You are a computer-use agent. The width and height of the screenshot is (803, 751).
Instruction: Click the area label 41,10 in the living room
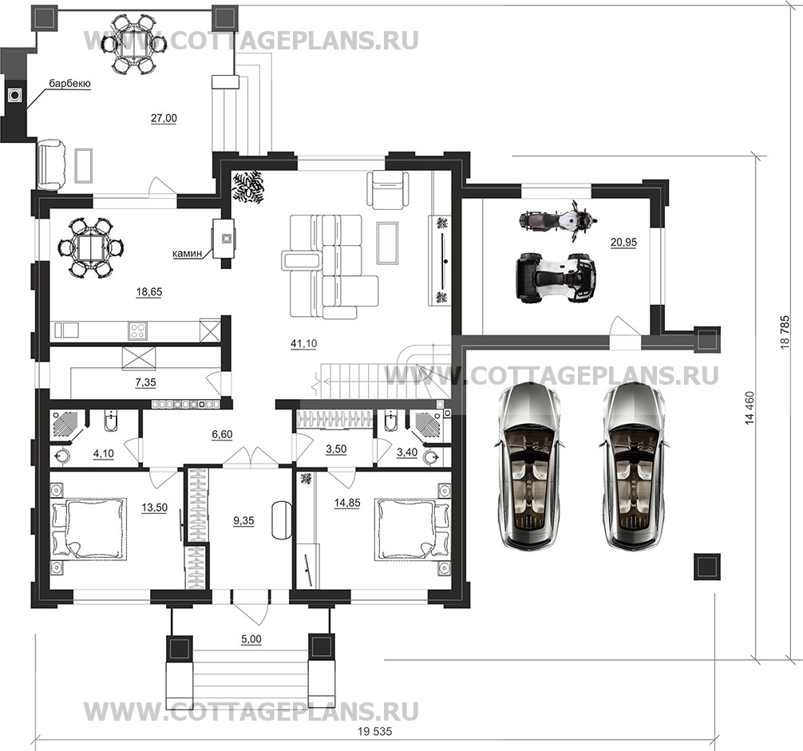303,344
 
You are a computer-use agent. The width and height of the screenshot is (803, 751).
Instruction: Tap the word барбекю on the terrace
70,84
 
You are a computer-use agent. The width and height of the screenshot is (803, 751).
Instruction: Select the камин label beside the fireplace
188,253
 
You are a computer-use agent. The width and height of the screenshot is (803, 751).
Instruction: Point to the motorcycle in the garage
557,221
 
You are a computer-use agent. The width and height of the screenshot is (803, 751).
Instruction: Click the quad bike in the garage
555,277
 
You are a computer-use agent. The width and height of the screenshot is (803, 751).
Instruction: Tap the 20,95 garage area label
623,242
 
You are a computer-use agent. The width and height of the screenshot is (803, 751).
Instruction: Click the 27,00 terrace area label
164,118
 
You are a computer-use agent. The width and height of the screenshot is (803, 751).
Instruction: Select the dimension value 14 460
751,408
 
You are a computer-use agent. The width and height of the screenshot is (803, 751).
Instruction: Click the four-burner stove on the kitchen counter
137,330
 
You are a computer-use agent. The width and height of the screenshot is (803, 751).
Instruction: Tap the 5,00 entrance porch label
251,639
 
